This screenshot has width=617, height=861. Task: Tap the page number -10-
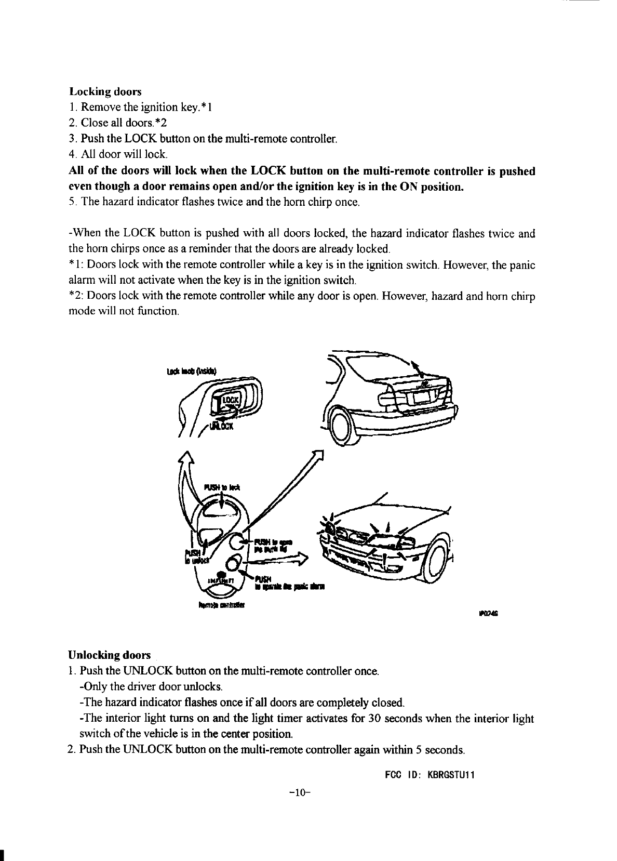coord(300,792)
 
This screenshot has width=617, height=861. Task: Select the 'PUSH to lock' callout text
coord(221,487)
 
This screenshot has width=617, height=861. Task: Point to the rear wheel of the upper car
coord(340,428)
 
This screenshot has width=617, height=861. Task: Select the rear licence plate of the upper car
coord(422,399)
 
